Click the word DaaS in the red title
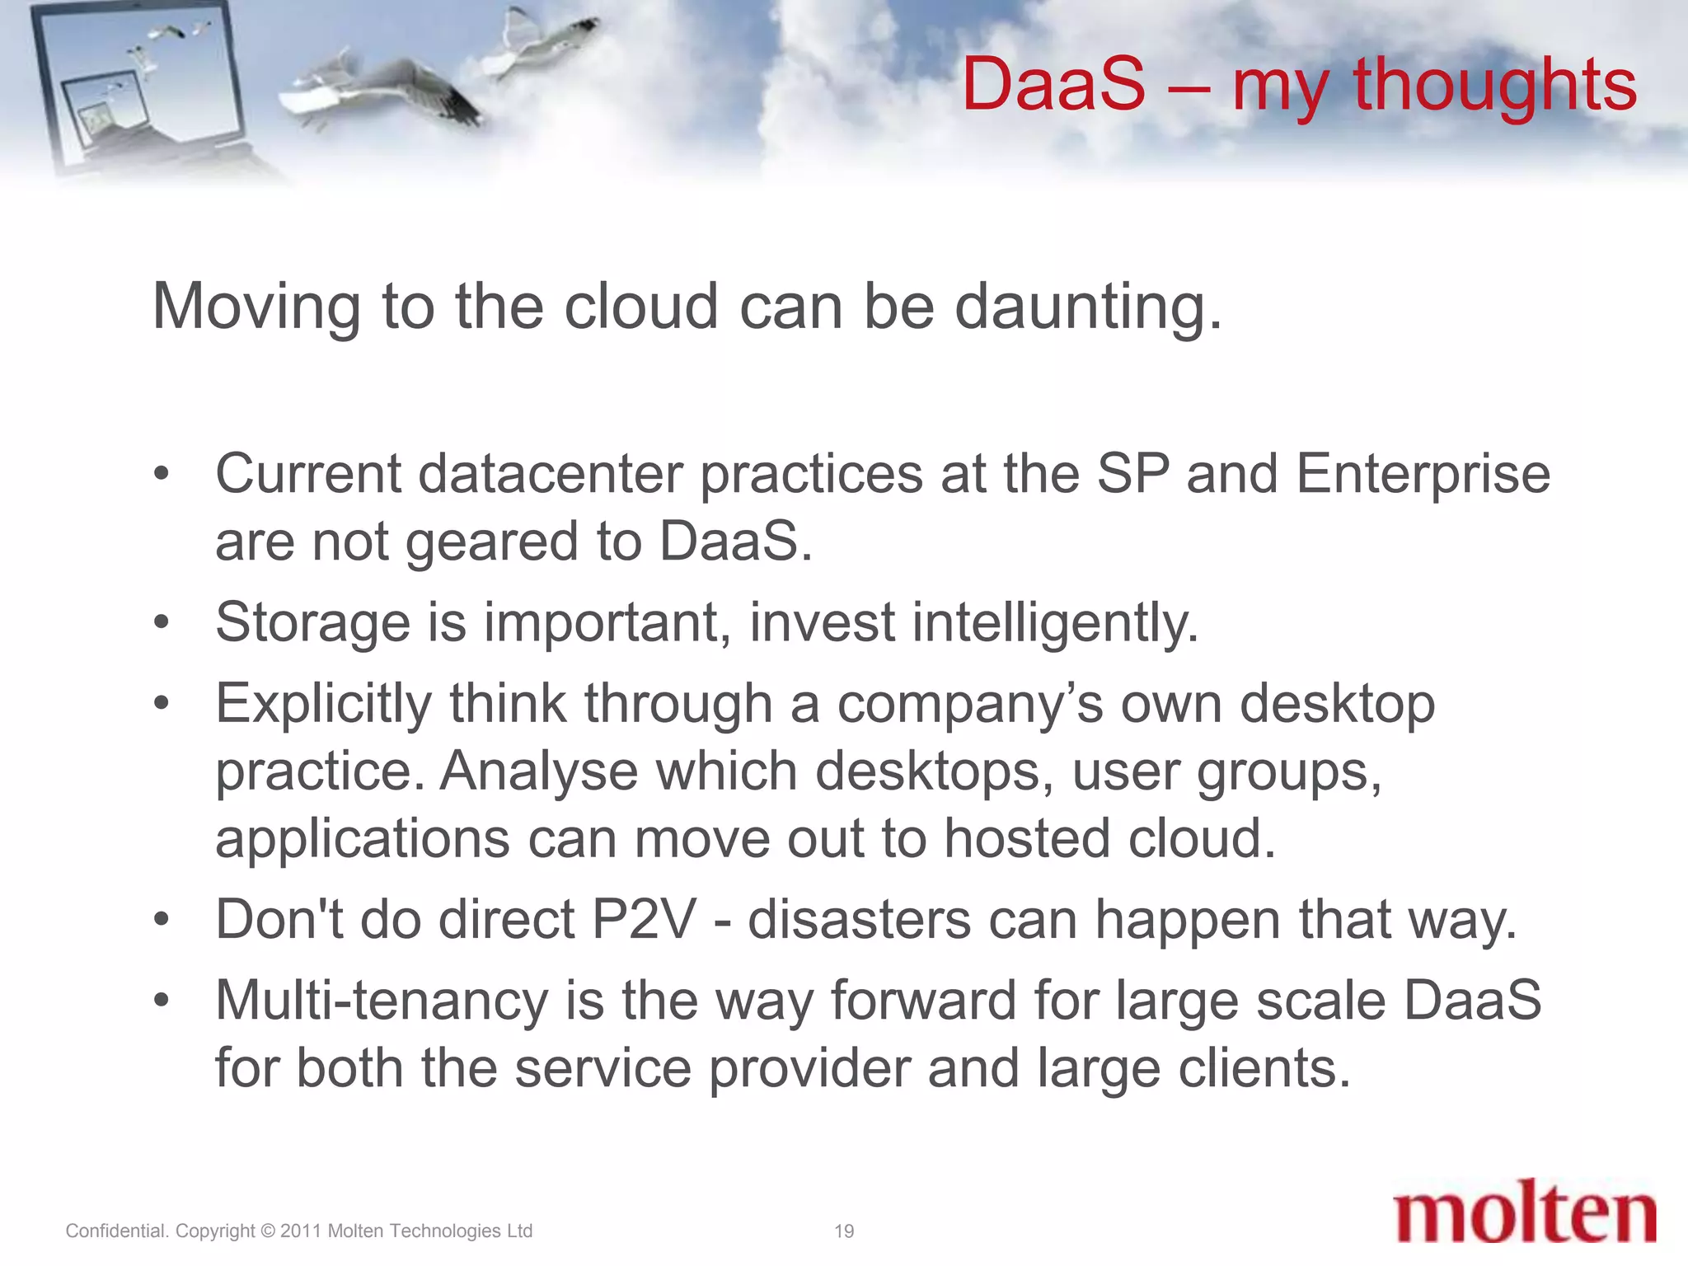click(x=1053, y=84)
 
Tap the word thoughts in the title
click(x=1494, y=86)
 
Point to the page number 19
click(x=844, y=1231)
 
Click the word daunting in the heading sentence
click(x=1087, y=307)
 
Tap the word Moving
click(x=256, y=307)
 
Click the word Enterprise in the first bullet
click(x=1423, y=476)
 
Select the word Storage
click(x=312, y=622)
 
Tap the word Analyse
click(x=539, y=773)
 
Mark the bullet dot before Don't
click(x=162, y=920)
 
